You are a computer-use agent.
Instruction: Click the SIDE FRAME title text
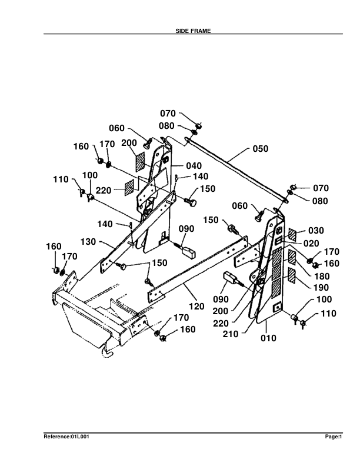(193, 31)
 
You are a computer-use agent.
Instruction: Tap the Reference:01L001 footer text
(66, 437)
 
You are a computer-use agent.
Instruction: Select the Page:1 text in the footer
(334, 437)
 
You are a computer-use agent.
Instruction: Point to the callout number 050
(261, 149)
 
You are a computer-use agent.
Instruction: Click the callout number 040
(194, 165)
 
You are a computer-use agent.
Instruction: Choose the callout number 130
(88, 242)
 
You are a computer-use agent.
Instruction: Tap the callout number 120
(196, 306)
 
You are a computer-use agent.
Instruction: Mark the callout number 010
(268, 338)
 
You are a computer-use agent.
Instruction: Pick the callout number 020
(311, 244)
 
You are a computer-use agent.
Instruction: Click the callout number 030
(316, 230)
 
